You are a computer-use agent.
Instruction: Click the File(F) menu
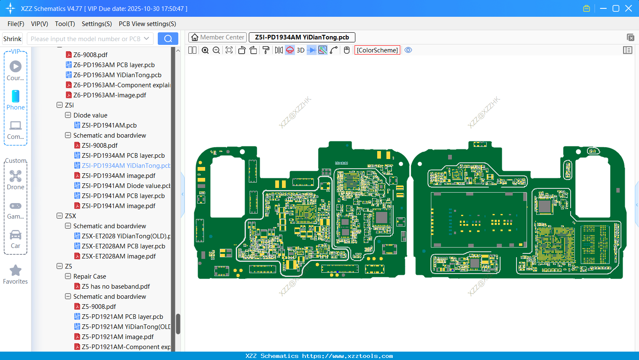[16, 24]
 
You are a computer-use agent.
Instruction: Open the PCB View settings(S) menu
[147, 24]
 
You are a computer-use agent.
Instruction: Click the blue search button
[168, 39]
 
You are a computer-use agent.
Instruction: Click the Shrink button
[12, 39]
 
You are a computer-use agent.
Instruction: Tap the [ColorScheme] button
[377, 50]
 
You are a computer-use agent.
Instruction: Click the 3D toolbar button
[300, 50]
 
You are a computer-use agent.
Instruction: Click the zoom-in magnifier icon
[205, 50]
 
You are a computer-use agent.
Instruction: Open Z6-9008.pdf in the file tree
[90, 55]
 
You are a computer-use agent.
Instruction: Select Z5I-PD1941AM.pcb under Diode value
[109, 125]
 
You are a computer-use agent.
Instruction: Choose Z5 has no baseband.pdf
[116, 286]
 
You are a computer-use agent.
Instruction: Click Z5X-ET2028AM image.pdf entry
[118, 256]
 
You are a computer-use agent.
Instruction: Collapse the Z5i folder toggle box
[60, 105]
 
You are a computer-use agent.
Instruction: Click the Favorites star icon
[16, 271]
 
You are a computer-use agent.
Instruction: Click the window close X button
[629, 8]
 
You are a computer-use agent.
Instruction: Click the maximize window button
[616, 8]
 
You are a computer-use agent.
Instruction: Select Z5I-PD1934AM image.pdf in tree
[118, 175]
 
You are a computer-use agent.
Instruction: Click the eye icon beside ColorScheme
[408, 50]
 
